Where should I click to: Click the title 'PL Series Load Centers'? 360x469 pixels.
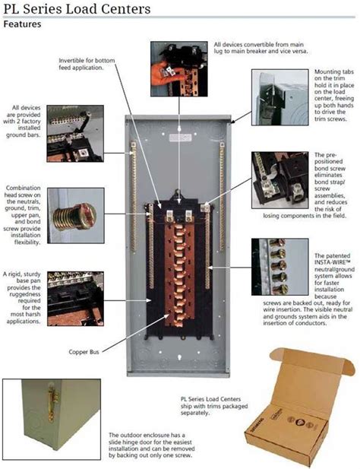(77, 9)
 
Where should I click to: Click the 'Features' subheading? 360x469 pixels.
(22, 24)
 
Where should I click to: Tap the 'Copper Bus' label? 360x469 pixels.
(84, 352)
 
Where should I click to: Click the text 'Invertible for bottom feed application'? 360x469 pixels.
(87, 64)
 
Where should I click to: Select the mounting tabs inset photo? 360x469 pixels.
(280, 97)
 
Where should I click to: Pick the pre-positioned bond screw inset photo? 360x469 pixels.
(280, 180)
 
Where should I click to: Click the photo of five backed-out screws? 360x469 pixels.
(280, 267)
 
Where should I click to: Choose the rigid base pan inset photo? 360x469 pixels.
(76, 299)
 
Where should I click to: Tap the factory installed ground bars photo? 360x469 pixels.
(75, 133)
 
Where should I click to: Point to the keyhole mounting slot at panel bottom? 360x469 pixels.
(179, 357)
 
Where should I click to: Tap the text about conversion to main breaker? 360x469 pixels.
(261, 48)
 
